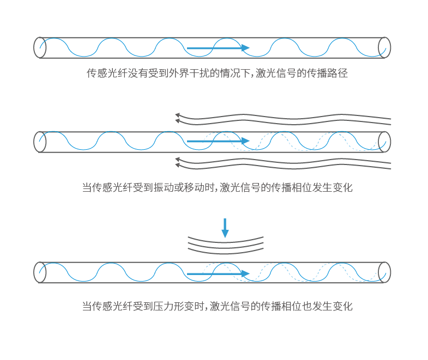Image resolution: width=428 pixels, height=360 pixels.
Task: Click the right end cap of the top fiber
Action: click(385, 47)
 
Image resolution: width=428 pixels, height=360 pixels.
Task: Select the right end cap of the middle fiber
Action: click(385, 142)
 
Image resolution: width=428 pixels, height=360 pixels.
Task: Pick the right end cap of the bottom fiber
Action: click(385, 272)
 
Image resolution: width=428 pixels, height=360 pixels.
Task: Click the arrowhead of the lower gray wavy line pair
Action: click(178, 161)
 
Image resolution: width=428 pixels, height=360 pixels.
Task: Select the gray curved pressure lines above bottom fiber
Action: click(225, 244)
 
